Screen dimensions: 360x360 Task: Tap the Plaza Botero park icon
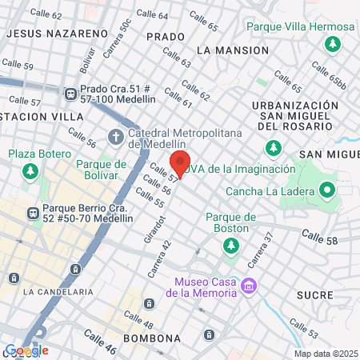tap(30, 170)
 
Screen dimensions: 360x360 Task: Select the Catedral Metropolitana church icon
tap(115, 138)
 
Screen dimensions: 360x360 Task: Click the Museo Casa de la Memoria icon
tap(249, 286)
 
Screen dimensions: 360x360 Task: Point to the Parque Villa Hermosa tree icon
tap(330, 43)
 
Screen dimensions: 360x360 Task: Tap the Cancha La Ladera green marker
tap(326, 191)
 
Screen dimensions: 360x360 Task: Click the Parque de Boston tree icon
tap(231, 245)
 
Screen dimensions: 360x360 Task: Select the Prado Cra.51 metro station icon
tap(71, 93)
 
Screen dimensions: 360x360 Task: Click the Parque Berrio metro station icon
tap(33, 214)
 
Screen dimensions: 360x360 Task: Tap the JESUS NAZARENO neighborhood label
tap(56, 34)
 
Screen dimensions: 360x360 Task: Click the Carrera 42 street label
tap(158, 259)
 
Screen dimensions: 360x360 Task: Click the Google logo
tap(26, 350)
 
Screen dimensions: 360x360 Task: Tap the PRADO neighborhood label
tap(166, 37)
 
